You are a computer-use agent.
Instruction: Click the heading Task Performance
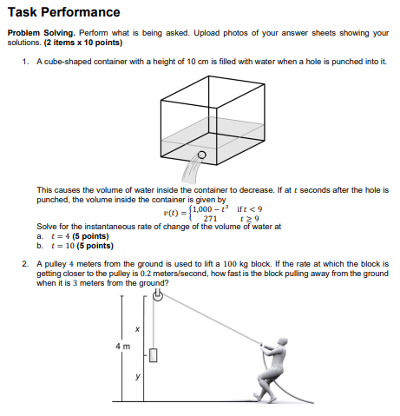63,12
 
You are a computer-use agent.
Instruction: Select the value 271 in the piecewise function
209,219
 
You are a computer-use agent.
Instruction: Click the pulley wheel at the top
157,297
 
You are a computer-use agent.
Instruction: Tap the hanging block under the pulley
154,354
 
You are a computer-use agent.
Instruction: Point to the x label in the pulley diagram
137,328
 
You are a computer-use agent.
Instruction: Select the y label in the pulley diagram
137,377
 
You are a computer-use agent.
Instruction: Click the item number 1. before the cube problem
27,63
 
